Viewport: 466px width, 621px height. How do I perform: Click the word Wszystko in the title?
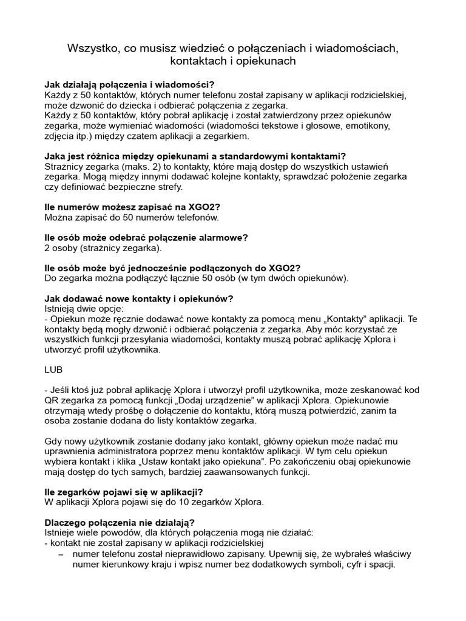[92, 48]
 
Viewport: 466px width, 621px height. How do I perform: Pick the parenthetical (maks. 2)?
[138, 166]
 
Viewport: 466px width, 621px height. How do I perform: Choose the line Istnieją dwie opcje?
[84, 308]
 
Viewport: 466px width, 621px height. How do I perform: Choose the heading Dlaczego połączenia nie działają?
[120, 522]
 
